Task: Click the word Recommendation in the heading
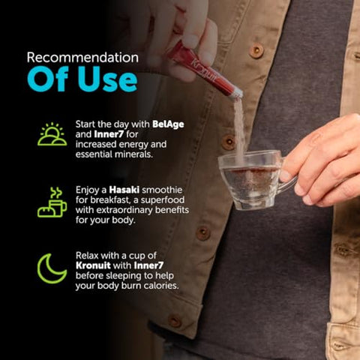coord(82,58)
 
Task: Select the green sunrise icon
coord(52,134)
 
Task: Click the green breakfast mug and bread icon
coord(52,202)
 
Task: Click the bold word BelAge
coord(168,124)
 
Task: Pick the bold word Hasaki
coord(124,190)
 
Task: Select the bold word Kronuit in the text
coord(93,265)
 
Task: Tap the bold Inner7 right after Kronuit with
coord(148,265)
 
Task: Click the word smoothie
coord(162,190)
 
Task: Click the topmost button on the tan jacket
coord(256,51)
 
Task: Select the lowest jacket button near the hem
coord(175,321)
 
